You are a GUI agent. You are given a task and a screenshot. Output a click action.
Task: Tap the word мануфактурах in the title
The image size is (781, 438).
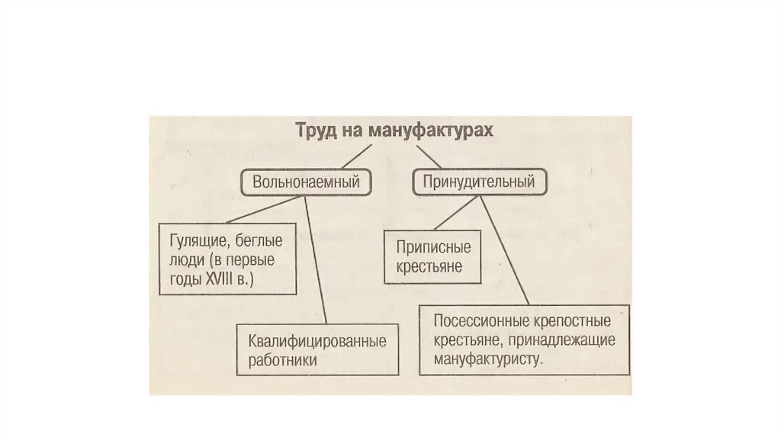coord(431,130)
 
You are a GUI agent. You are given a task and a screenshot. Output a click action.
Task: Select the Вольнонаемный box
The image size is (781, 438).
coord(306,182)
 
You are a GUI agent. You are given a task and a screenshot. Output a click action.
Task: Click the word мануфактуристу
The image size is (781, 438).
coord(488,358)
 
